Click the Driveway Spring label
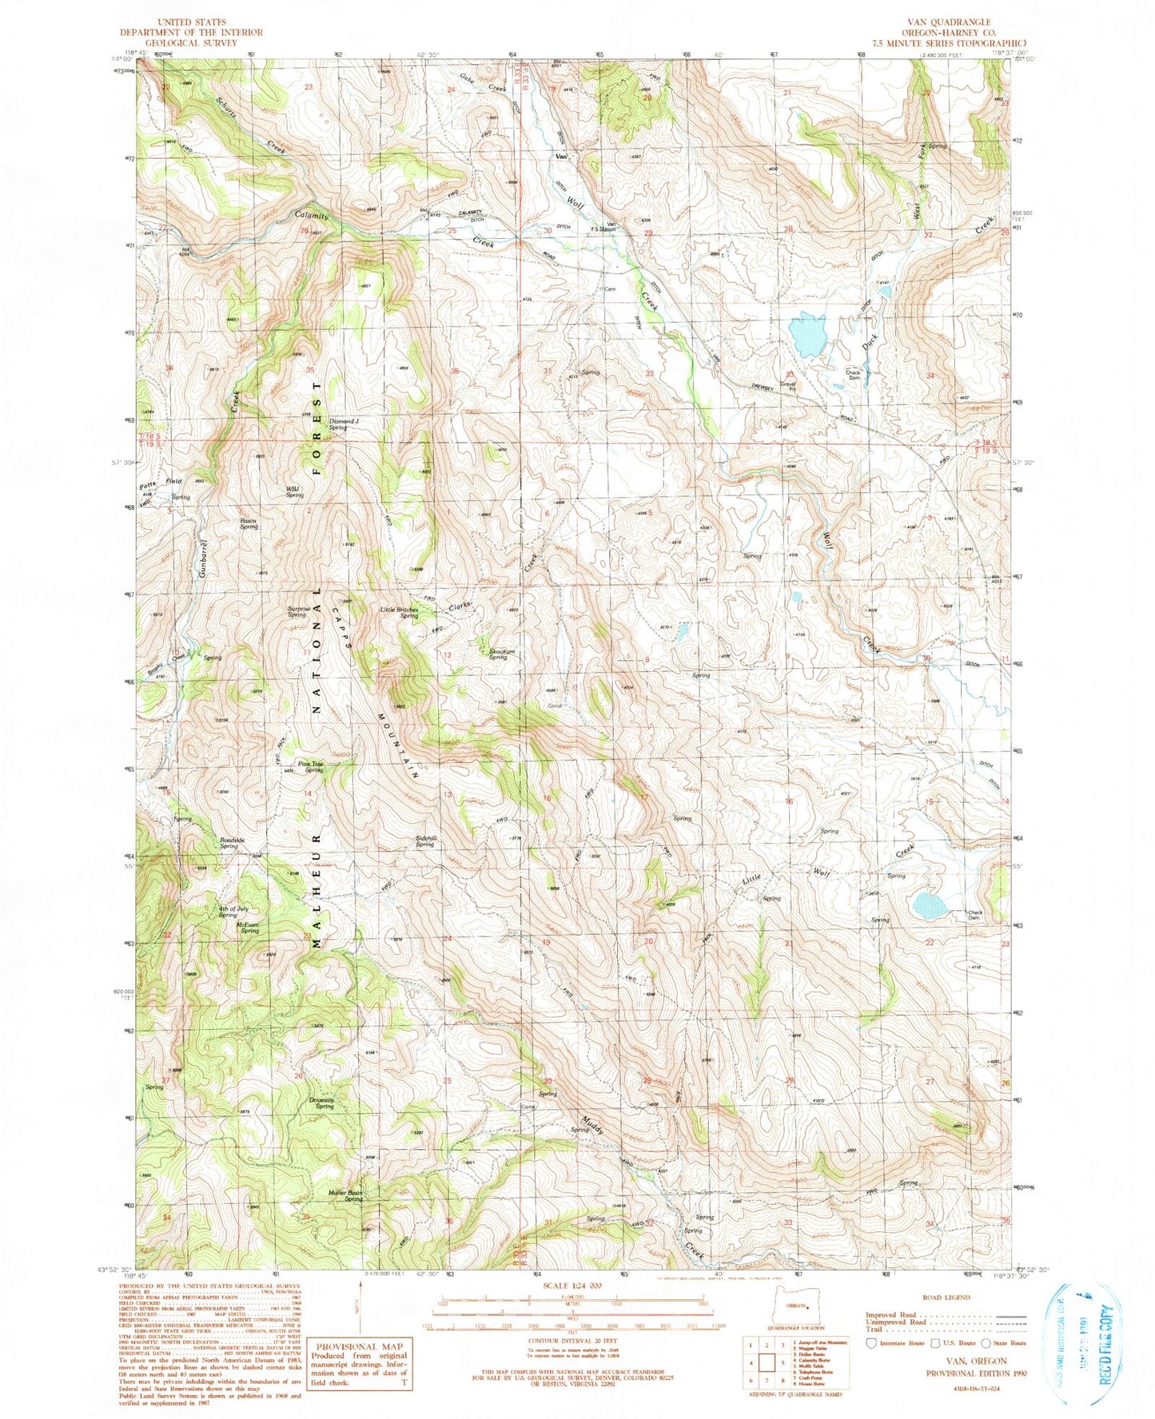pos(324,1103)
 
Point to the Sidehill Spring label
pos(424,841)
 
